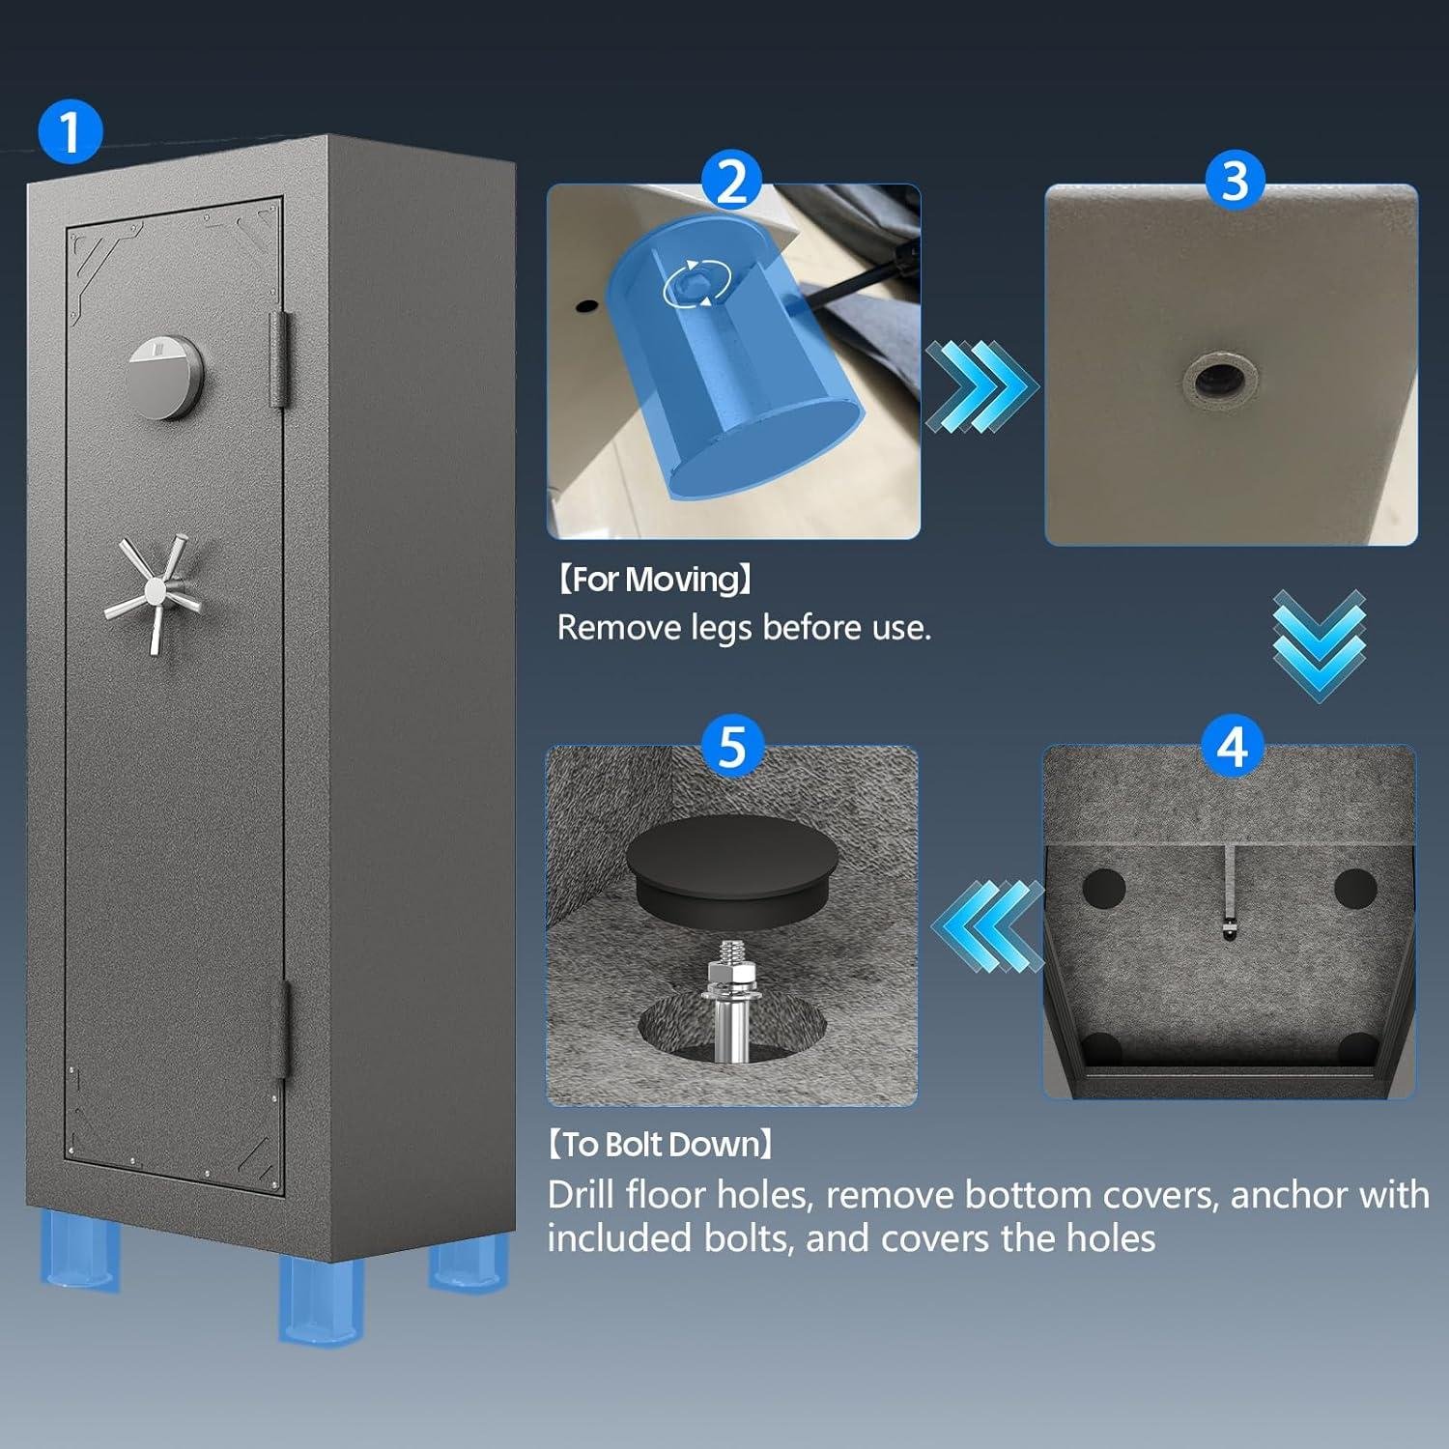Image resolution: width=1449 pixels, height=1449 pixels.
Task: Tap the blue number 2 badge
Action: (x=732, y=181)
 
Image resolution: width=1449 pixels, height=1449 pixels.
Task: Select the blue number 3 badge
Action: (x=1235, y=181)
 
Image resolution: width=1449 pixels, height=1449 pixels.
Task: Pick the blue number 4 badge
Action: (x=1232, y=747)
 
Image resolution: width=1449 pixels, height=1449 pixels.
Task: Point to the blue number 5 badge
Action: (x=732, y=747)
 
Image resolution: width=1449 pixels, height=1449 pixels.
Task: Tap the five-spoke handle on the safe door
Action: (x=155, y=592)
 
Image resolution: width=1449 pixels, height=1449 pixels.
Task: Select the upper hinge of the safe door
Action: (x=280, y=358)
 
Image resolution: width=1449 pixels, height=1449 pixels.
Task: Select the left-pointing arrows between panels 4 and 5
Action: (x=988, y=925)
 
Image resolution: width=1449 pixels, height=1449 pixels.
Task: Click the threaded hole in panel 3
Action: (x=1217, y=378)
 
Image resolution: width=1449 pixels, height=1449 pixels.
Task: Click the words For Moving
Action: (x=654, y=580)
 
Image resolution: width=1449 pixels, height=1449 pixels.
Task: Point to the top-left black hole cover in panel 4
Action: (x=1103, y=888)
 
